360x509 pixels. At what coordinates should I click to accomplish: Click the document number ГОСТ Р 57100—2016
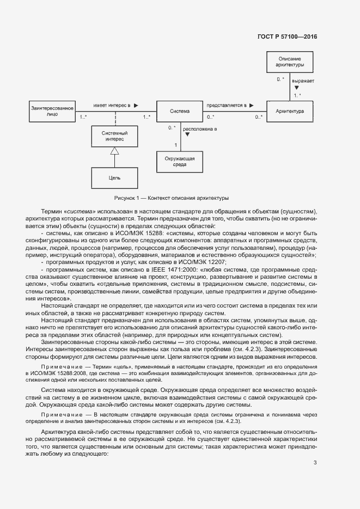[x=286, y=37]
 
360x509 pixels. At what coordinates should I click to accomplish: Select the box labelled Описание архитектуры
[x=290, y=62]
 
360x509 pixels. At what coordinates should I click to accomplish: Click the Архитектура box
[x=290, y=111]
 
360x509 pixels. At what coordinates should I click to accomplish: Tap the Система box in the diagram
[x=180, y=111]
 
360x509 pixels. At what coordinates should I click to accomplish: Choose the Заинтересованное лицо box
[x=53, y=111]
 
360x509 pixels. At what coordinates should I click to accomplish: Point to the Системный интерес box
[x=115, y=136]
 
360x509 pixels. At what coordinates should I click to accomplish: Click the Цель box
[x=114, y=177]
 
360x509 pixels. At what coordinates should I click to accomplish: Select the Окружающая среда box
[x=180, y=161]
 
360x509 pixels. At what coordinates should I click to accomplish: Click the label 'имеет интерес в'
[x=112, y=105]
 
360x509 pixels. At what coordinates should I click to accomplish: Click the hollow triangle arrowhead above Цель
[x=114, y=151]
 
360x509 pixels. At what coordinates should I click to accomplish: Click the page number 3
[x=315, y=463]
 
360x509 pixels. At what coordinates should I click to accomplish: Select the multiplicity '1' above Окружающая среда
[x=175, y=144]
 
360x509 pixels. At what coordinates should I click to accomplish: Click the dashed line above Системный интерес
[x=115, y=118]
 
